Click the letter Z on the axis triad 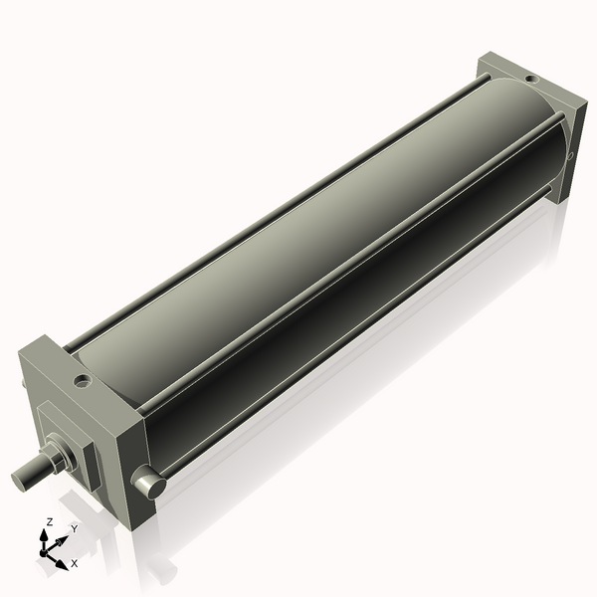click(49, 521)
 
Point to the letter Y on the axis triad click(73, 530)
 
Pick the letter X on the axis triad click(75, 563)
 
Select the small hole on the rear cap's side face click(568, 156)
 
